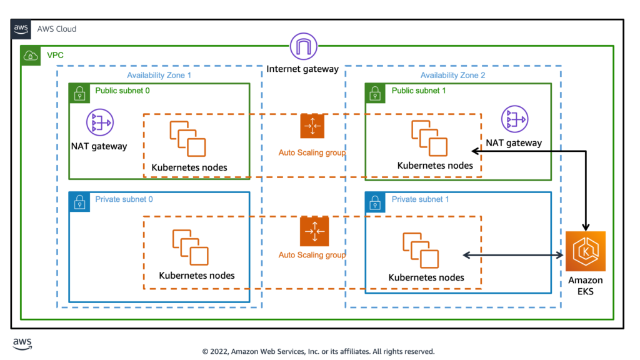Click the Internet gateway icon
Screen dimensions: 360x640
click(x=304, y=47)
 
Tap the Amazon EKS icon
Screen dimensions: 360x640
click(x=586, y=251)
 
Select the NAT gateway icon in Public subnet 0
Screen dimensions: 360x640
click(x=99, y=122)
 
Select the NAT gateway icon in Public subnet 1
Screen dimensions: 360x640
click(x=515, y=119)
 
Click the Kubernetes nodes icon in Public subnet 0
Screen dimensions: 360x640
click(x=187, y=138)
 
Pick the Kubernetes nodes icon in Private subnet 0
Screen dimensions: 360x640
click(x=190, y=247)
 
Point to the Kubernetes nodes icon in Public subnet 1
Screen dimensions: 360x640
click(x=429, y=138)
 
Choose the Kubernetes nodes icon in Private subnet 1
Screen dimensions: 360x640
click(x=420, y=249)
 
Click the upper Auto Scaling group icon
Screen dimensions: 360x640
click(x=312, y=126)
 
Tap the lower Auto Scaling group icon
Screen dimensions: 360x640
click(x=312, y=231)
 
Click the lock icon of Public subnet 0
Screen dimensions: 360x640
click(x=79, y=94)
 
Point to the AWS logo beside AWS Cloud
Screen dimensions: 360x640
click(x=21, y=29)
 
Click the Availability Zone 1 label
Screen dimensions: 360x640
click(x=159, y=76)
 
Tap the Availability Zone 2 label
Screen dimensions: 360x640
click(x=452, y=76)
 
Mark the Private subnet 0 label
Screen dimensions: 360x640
click(x=124, y=199)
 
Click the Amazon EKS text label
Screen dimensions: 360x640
click(x=585, y=286)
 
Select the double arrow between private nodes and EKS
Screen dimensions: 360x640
click(x=512, y=255)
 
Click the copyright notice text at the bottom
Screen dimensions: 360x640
click(x=318, y=351)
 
